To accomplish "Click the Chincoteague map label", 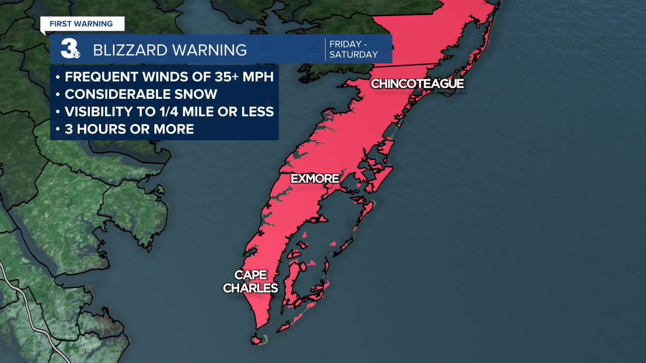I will click(417, 84).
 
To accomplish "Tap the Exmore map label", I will click(314, 178).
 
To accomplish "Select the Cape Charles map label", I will click(250, 281).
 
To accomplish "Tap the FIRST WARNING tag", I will click(81, 24).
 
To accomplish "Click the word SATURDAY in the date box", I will click(353, 54).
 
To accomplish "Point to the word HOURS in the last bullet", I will click(105, 129).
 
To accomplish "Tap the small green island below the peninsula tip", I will click(258, 339).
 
